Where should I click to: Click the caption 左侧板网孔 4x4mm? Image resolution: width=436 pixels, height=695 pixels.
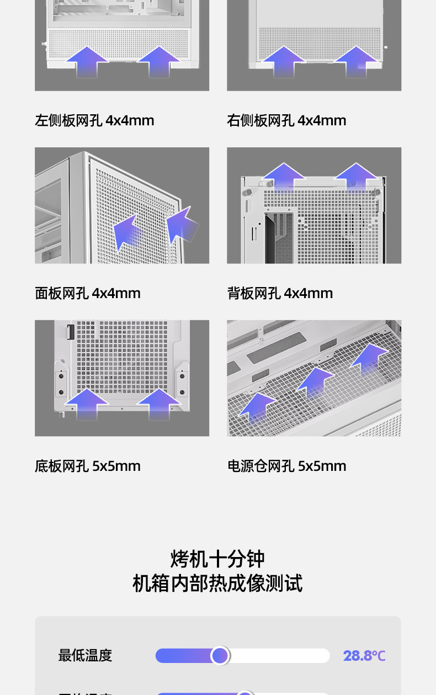click(94, 120)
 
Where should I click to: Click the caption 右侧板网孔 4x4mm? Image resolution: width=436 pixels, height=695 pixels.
click(286, 120)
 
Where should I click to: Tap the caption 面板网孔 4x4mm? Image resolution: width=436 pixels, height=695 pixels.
click(88, 293)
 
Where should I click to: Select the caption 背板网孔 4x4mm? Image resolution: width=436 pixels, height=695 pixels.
click(280, 293)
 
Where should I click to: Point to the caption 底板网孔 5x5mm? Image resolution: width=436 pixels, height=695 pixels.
click(88, 466)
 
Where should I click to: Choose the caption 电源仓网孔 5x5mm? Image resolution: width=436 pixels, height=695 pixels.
click(286, 466)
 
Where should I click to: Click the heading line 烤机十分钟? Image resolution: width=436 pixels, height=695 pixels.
click(217, 559)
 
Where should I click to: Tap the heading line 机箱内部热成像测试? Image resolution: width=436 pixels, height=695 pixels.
click(217, 583)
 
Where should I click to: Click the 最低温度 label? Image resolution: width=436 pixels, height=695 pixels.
click(85, 655)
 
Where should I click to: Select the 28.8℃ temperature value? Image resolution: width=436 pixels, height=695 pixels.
click(364, 656)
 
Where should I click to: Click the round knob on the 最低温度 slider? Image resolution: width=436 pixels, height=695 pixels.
click(220, 656)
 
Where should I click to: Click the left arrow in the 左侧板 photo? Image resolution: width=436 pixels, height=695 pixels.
click(88, 62)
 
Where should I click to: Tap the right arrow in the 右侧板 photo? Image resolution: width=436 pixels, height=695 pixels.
click(356, 62)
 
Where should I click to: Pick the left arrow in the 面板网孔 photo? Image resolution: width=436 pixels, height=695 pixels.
click(127, 231)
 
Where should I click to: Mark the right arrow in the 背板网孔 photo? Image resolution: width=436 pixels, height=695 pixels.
click(356, 177)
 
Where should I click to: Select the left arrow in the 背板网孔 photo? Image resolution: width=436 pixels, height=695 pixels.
click(284, 177)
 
